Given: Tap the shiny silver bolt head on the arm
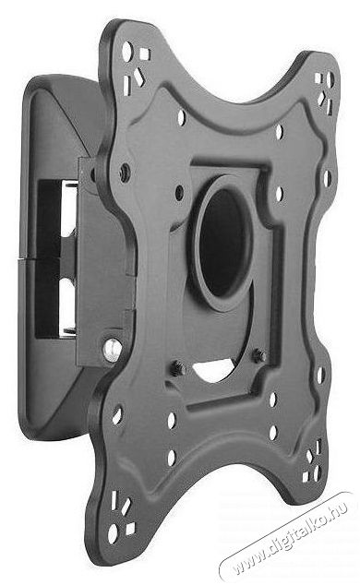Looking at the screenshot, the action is pyautogui.click(x=113, y=350).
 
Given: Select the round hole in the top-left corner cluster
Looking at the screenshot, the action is pyautogui.click(x=126, y=52).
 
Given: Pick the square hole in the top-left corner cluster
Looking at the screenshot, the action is pyautogui.click(x=144, y=54).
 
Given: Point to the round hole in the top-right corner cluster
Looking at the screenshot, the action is pyautogui.click(x=330, y=79).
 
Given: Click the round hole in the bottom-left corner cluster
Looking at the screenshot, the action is pyautogui.click(x=113, y=533).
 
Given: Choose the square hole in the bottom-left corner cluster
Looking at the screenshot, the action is pyautogui.click(x=130, y=529).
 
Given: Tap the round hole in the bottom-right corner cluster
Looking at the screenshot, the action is pyautogui.click(x=317, y=473).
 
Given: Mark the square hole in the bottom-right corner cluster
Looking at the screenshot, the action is pyautogui.click(x=306, y=477).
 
